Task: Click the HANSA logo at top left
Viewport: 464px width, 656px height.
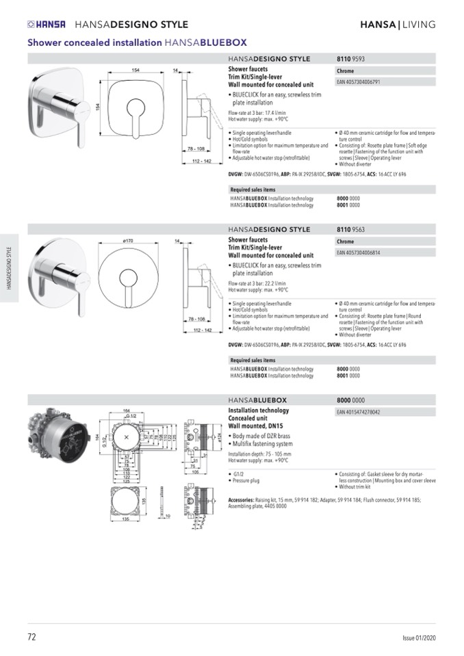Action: point(47,25)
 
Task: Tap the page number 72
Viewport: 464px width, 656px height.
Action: point(32,637)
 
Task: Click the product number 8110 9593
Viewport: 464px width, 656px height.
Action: point(350,60)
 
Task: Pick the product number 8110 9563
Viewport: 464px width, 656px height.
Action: point(350,230)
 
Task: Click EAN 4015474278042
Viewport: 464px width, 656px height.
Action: point(359,412)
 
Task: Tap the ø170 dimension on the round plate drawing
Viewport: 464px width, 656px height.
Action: point(128,241)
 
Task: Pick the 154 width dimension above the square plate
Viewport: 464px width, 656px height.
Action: point(136,70)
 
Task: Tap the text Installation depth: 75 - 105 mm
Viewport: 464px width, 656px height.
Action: point(259,454)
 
